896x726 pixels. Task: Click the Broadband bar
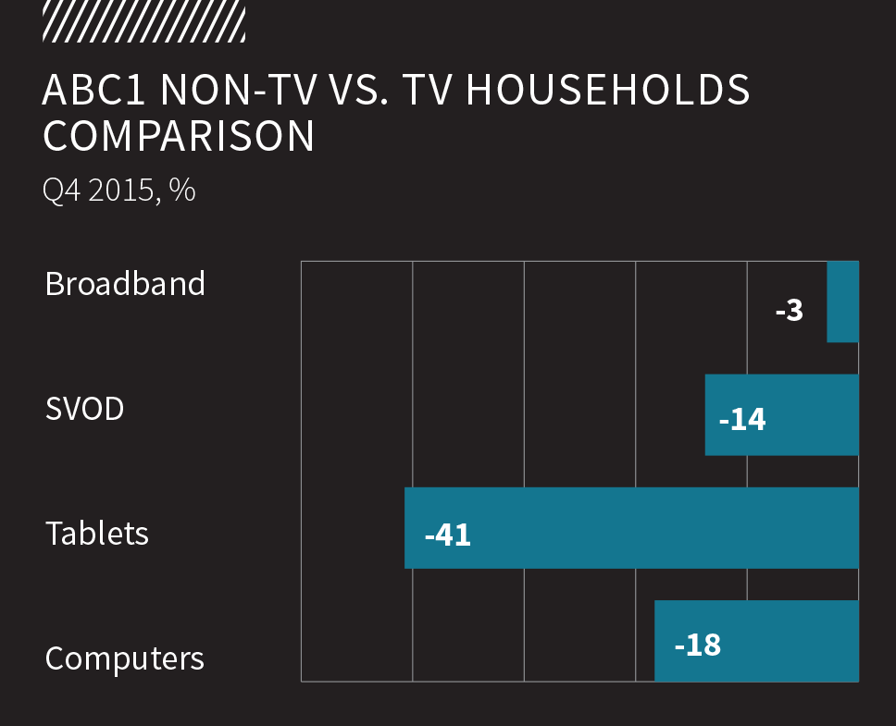pos(842,301)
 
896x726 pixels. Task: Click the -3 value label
pos(790,310)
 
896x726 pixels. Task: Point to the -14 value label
pos(742,420)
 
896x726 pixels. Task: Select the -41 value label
pos(448,535)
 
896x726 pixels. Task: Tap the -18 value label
pos(698,644)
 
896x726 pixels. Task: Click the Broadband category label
pos(125,283)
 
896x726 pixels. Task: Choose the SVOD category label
pos(84,409)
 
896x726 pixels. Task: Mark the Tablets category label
pos(97,534)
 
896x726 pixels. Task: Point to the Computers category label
pos(125,658)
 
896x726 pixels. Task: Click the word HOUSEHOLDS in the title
pos(608,91)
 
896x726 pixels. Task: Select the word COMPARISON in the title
pos(179,136)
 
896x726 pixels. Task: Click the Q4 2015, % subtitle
pos(119,191)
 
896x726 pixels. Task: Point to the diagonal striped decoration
pos(143,21)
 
